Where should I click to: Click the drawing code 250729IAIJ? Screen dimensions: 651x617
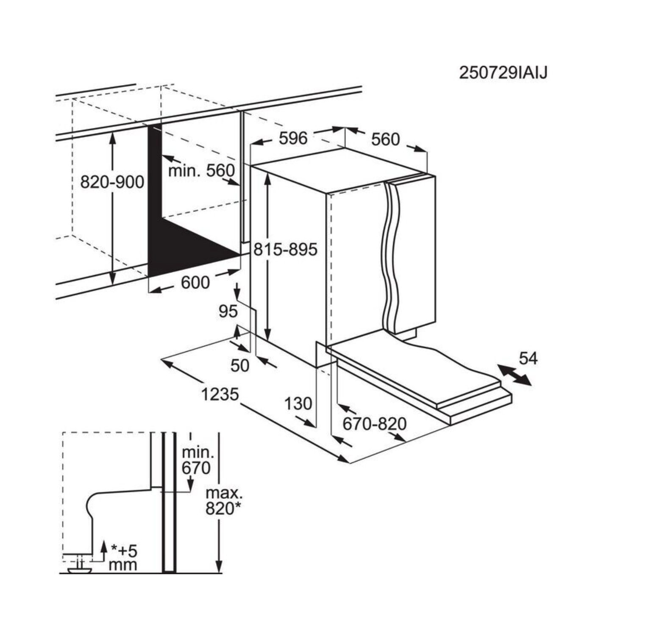pos(503,72)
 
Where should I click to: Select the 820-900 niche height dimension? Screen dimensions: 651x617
pos(112,182)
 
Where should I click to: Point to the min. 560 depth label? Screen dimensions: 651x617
pos(201,171)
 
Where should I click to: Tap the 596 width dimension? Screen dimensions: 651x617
pos(293,138)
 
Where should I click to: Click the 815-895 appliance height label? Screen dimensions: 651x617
pos(285,250)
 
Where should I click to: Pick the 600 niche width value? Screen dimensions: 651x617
pos(195,282)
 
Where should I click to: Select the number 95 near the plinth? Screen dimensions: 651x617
pos(228,311)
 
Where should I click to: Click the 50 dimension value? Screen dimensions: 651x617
pos(240,365)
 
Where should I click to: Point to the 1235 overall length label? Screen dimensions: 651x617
pos(220,395)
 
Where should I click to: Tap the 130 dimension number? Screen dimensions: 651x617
pos(298,404)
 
